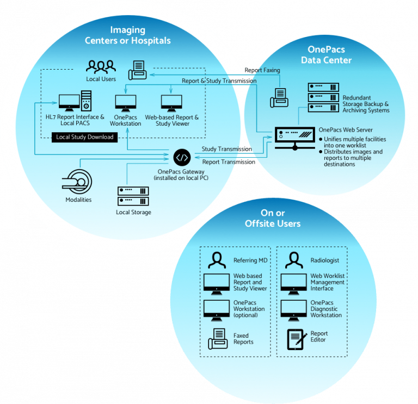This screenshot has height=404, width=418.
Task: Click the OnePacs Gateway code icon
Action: point(182,158)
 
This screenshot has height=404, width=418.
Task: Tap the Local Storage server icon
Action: point(133,196)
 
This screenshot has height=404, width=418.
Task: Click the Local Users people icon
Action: point(101,67)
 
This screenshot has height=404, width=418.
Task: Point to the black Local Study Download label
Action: point(85,137)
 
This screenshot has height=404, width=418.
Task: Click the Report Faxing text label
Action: point(263,70)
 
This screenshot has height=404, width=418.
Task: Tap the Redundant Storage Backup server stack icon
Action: point(323,96)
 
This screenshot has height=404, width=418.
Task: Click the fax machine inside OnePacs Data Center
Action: point(281,97)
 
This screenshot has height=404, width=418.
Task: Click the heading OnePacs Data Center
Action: point(327,55)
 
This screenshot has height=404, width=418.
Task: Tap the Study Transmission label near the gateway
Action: point(226,149)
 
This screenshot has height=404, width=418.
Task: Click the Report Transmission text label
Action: point(228,161)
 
